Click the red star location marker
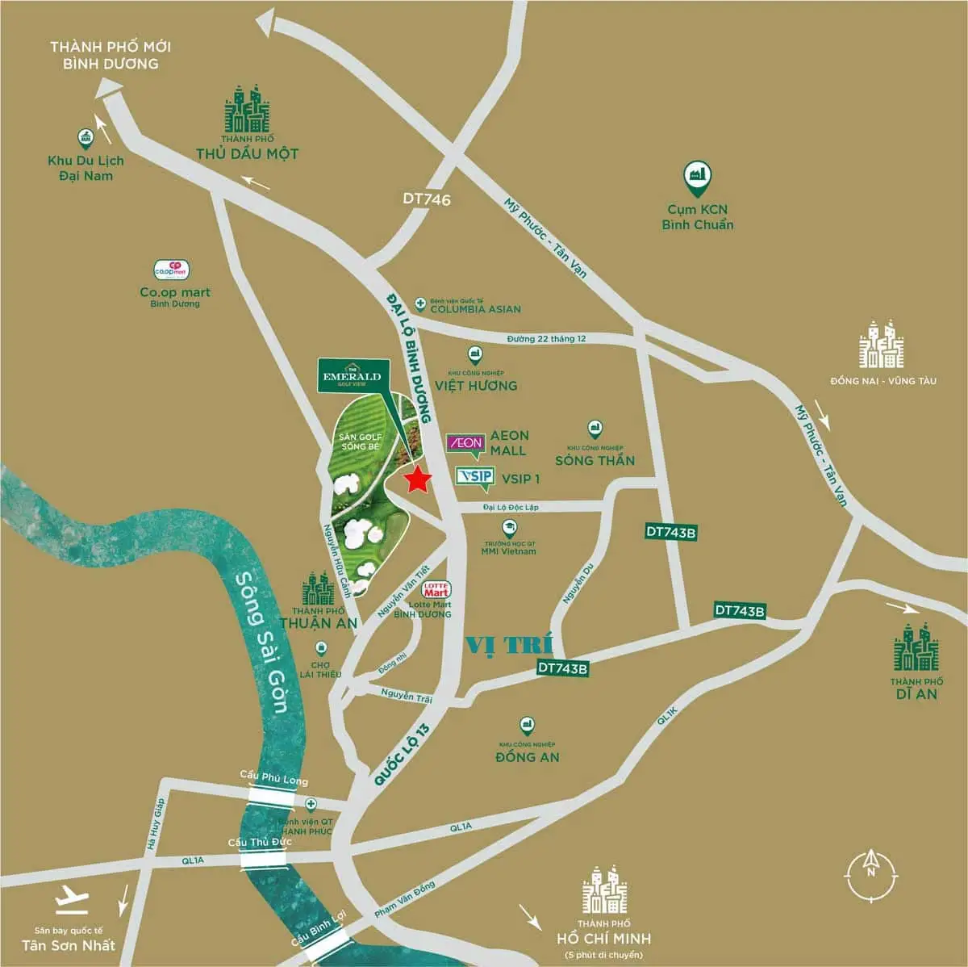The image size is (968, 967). (417, 480)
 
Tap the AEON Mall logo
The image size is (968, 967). (465, 442)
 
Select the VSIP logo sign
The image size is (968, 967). (474, 476)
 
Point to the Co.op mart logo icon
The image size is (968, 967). (171, 270)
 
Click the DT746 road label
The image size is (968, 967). (428, 199)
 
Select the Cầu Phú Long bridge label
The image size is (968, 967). (274, 780)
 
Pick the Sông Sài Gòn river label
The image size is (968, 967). (262, 642)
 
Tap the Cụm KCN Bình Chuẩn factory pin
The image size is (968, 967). (696, 175)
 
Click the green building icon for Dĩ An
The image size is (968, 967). (916, 647)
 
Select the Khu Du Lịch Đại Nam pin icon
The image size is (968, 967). (86, 138)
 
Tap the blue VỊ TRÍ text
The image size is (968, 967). (510, 645)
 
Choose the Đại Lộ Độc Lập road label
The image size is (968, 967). (511, 507)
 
